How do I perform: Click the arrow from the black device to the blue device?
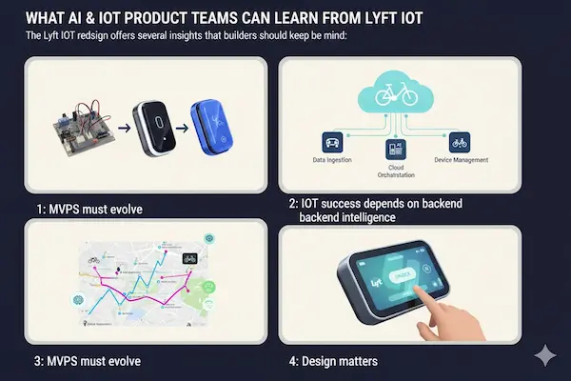point(179,126)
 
